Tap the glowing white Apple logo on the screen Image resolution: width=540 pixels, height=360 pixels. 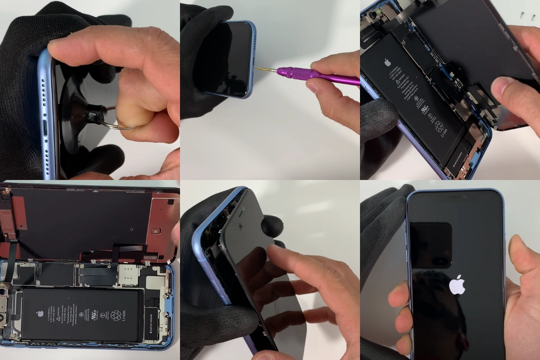coord(457,285)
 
